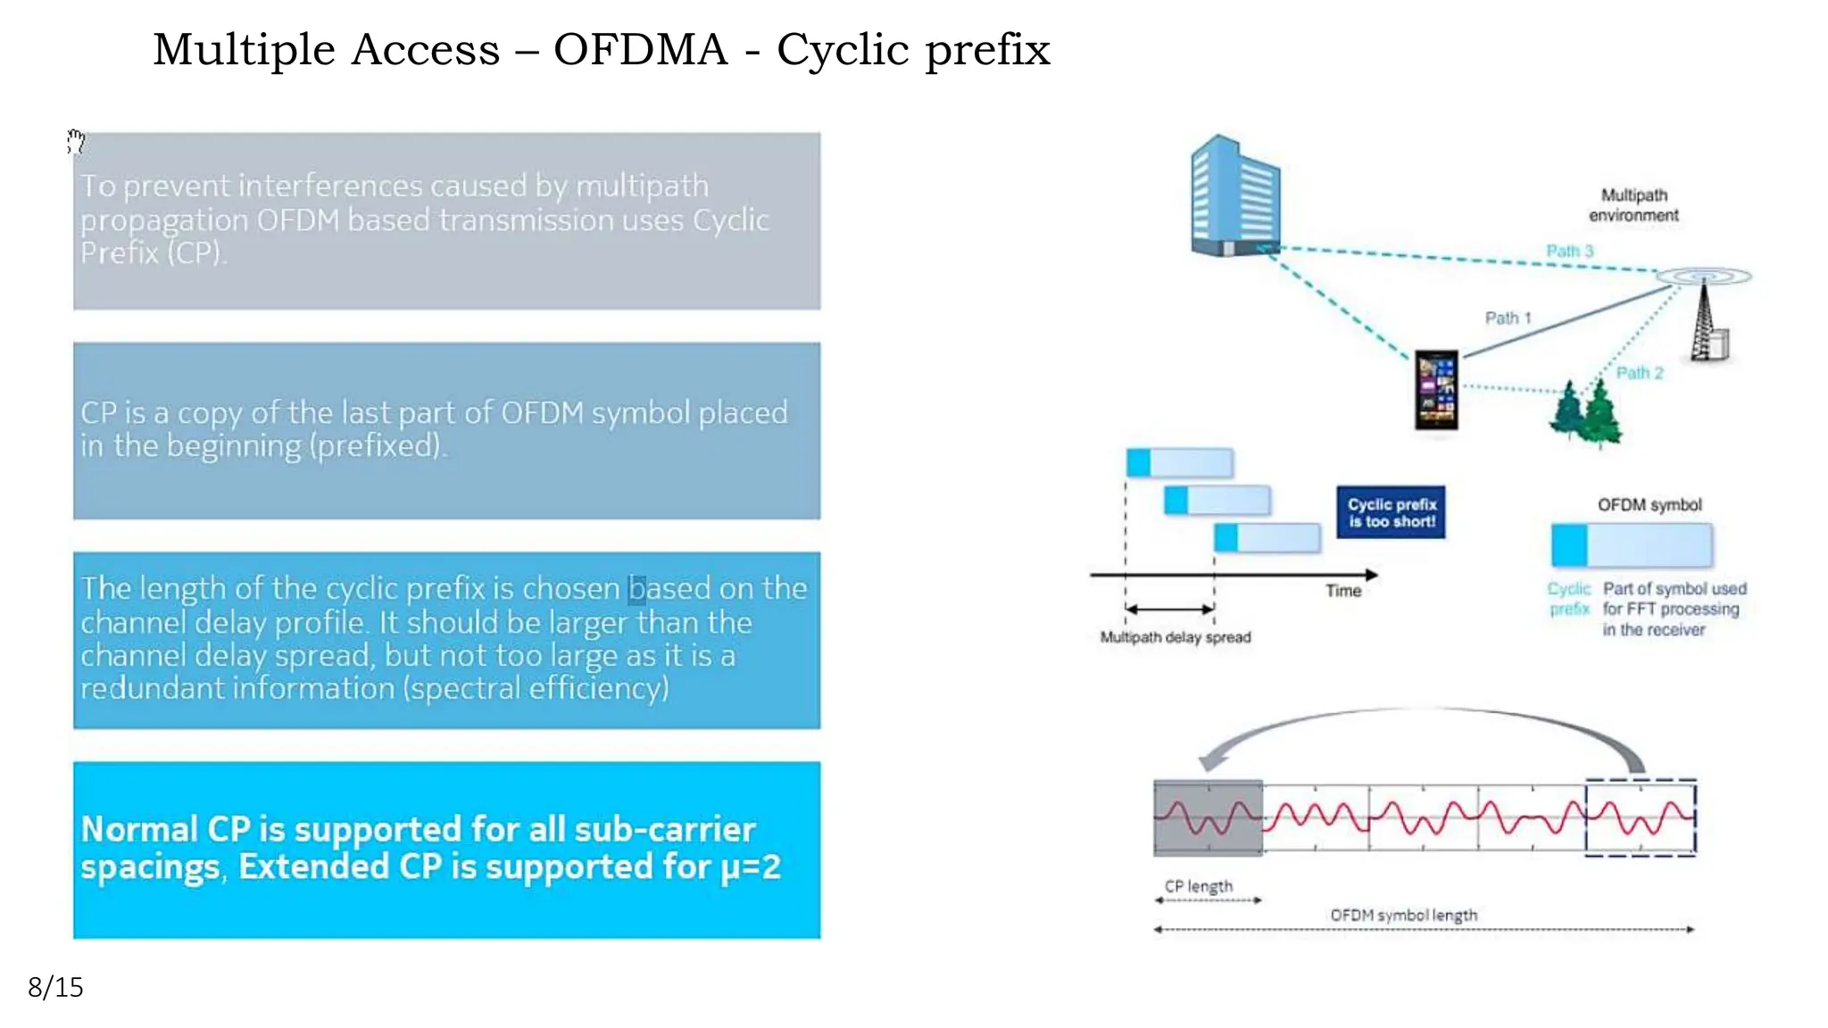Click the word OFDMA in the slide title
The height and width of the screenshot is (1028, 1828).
click(640, 50)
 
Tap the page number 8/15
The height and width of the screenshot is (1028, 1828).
click(55, 987)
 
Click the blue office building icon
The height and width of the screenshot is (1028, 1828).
click(1234, 197)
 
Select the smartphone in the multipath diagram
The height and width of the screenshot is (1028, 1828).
click(1436, 390)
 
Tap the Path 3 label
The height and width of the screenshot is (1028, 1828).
click(1569, 251)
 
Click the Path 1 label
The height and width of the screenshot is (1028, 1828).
click(1508, 318)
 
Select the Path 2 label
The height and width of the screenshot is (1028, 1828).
click(1639, 373)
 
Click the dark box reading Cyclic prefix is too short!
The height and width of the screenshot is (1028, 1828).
click(1391, 512)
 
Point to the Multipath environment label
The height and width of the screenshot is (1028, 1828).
click(1633, 205)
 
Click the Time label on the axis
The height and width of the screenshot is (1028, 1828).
click(1342, 591)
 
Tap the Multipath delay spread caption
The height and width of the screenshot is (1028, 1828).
click(1175, 637)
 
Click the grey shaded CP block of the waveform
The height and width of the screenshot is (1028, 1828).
click(1208, 817)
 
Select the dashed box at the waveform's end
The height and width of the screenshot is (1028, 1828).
click(1640, 817)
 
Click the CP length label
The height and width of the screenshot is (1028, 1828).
click(1198, 886)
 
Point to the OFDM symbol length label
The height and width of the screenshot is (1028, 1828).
click(1403, 915)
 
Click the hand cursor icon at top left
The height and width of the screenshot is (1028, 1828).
click(76, 142)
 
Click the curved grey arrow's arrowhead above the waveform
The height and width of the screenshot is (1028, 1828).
click(1210, 762)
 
